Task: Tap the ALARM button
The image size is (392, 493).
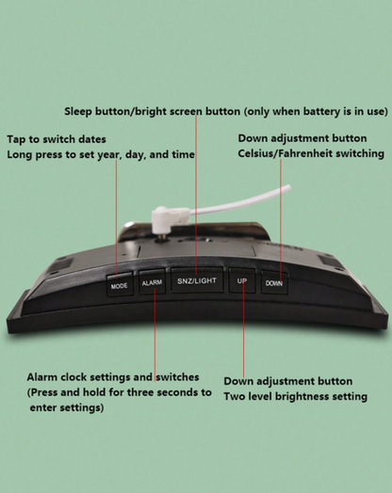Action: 152,282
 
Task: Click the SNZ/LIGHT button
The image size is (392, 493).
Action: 197,280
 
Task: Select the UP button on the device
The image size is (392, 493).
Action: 242,280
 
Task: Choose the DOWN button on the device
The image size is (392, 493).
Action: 274,282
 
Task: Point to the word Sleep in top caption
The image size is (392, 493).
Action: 78,112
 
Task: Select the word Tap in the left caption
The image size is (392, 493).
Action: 16,139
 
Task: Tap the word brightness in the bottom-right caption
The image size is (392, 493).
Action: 301,396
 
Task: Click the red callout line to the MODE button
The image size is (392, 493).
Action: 116,219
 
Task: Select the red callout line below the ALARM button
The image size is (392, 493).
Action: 155,335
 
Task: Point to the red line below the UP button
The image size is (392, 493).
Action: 244,330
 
